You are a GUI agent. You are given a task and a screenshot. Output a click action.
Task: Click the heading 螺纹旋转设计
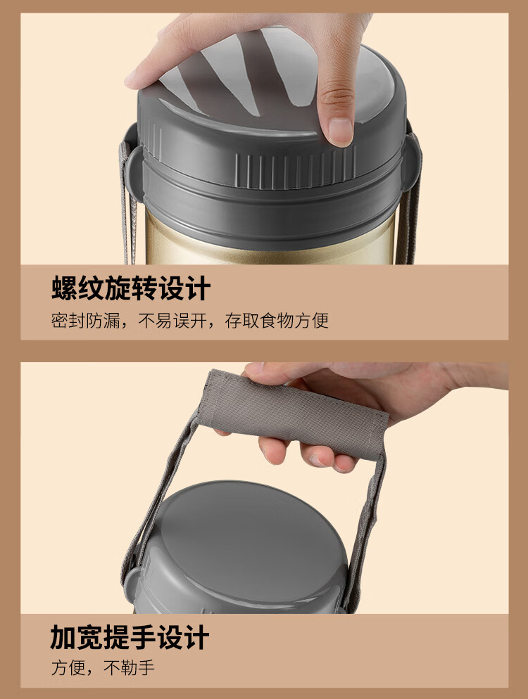131,288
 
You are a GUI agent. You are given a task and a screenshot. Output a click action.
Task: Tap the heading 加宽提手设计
130,637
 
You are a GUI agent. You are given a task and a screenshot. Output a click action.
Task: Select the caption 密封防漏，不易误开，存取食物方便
190,321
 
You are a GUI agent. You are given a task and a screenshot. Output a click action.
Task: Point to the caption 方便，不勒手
103,667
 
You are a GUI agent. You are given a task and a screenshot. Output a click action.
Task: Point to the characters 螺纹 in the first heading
77,288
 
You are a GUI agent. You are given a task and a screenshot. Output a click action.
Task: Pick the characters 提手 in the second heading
130,637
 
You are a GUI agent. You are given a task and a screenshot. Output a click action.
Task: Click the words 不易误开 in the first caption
172,321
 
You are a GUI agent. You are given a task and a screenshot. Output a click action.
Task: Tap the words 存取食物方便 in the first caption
277,321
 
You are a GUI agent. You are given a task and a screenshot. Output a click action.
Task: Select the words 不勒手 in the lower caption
129,667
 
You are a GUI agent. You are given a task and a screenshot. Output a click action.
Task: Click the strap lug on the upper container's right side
413,160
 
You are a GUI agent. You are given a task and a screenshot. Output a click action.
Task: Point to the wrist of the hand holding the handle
473,377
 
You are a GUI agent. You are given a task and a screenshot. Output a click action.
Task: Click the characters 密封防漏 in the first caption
86,321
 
